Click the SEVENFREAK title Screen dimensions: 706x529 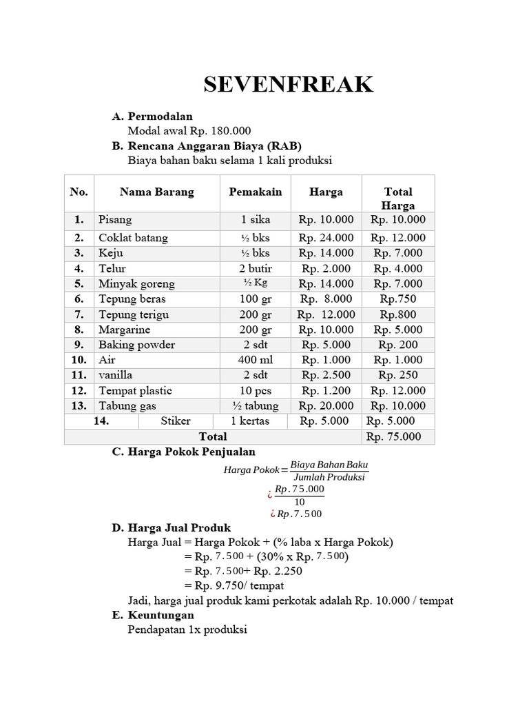pos(289,85)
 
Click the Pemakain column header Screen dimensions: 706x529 pos(256,192)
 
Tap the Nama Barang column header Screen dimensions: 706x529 pos(157,192)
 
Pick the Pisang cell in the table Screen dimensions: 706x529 pos(115,220)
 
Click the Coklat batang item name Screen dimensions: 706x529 pos(133,238)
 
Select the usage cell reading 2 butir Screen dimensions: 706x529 pos(256,268)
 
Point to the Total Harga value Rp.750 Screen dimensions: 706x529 pos(397,299)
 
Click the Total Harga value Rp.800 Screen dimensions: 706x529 pos(397,314)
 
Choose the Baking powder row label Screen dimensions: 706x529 pos(136,345)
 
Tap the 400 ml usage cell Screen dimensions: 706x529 pos(256,360)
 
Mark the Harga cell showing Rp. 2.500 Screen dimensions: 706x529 pos(326,375)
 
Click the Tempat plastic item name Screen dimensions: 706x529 pos(135,390)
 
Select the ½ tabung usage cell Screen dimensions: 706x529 pos(256,405)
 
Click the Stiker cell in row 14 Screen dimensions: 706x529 pos(176,421)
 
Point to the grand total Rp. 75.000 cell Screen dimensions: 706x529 pos(397,436)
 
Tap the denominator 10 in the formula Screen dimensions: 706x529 pos(299,501)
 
